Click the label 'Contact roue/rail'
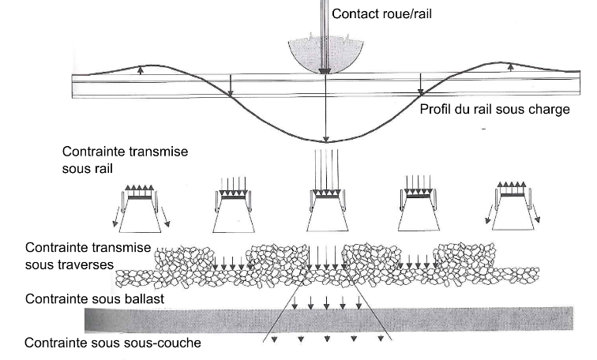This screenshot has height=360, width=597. point(383,13)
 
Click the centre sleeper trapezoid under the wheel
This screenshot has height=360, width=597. point(325,218)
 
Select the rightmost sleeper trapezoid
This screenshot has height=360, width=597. point(516,217)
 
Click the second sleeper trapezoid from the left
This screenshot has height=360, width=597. point(234,218)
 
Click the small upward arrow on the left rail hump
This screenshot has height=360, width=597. point(141,69)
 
